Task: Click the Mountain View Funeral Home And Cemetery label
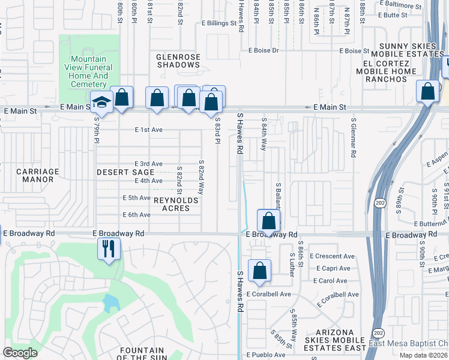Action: click(x=89, y=72)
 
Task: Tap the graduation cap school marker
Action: click(x=101, y=102)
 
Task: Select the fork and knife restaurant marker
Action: click(x=109, y=248)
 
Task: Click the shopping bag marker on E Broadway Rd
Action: click(x=269, y=220)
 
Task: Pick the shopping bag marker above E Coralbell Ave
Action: click(x=259, y=271)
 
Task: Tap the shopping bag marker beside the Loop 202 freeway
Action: click(x=428, y=92)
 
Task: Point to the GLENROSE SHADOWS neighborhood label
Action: click(x=178, y=61)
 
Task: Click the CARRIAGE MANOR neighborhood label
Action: click(x=38, y=175)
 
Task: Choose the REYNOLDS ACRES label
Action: click(x=172, y=204)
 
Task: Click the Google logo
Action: click(x=20, y=353)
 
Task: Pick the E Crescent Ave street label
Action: click(x=332, y=256)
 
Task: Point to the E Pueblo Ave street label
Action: click(x=265, y=355)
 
